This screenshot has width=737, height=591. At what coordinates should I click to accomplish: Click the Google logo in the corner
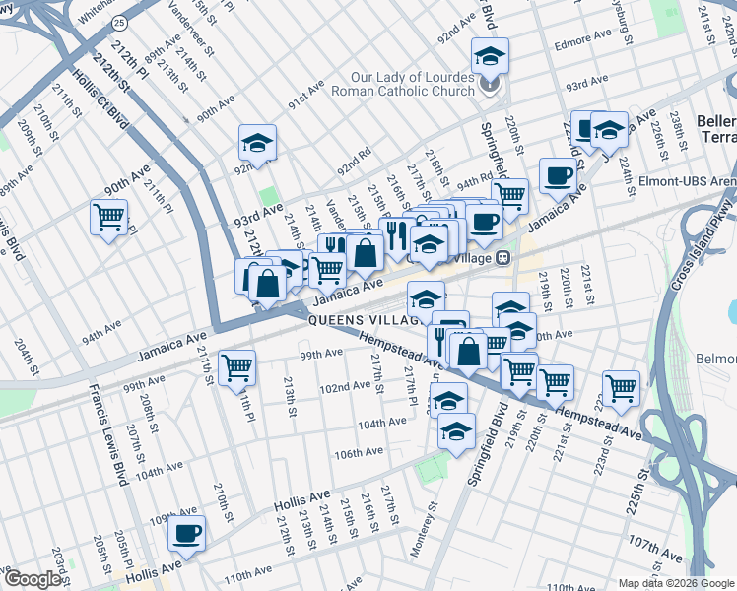tap(32, 579)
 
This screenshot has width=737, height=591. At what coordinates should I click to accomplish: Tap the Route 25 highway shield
tap(119, 21)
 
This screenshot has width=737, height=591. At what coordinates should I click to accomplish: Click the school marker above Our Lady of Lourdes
tap(490, 56)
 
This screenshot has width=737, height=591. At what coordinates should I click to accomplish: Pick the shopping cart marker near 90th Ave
tap(108, 217)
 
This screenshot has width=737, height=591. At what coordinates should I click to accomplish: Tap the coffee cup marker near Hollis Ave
tap(186, 534)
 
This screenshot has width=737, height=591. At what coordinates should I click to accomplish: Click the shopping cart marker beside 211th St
tap(237, 368)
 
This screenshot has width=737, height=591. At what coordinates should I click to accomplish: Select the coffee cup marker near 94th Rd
tap(559, 175)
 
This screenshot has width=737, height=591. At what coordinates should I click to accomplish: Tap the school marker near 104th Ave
tap(456, 430)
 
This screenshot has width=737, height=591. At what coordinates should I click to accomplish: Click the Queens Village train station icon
tap(503, 258)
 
